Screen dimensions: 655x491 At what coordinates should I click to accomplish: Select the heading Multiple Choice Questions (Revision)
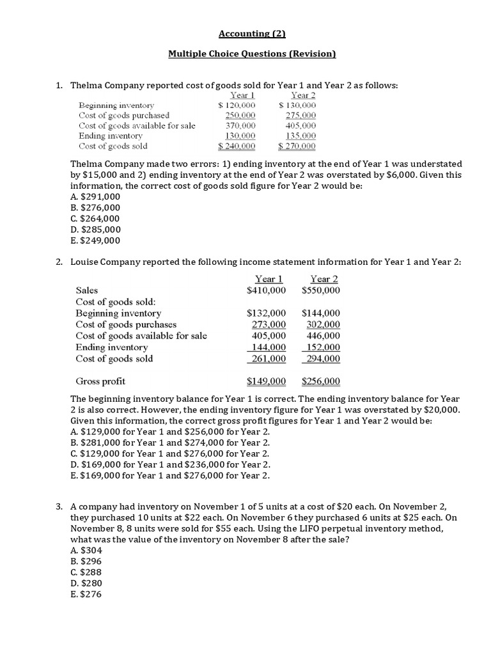tap(251, 54)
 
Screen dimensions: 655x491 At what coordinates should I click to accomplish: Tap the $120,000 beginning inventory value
tap(237, 105)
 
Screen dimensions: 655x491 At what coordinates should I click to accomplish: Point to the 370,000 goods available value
tap(240, 125)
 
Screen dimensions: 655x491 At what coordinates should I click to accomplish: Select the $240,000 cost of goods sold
tap(237, 146)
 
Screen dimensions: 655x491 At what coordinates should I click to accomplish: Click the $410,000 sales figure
tap(266, 290)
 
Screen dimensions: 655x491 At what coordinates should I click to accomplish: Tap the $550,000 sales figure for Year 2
tap(321, 290)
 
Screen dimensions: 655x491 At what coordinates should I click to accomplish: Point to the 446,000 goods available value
tap(323, 335)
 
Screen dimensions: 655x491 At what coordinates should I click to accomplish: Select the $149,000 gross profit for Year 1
tap(266, 381)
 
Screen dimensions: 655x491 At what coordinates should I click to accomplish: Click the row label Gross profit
tap(100, 381)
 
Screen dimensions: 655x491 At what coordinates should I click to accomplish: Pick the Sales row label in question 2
tap(87, 290)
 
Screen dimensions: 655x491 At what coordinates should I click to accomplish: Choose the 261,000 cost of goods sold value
tap(269, 359)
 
